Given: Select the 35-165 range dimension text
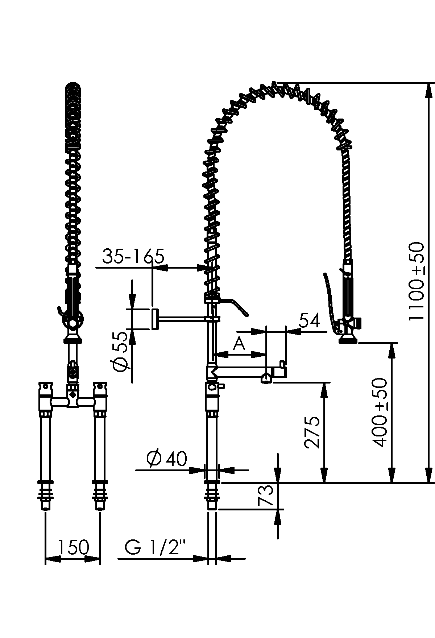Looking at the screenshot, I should (x=133, y=256).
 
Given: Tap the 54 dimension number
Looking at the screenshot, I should (x=310, y=320).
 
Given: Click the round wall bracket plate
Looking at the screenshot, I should (x=154, y=319).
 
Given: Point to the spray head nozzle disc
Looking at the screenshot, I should (x=348, y=340).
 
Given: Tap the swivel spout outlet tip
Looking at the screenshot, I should (x=266, y=379).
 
